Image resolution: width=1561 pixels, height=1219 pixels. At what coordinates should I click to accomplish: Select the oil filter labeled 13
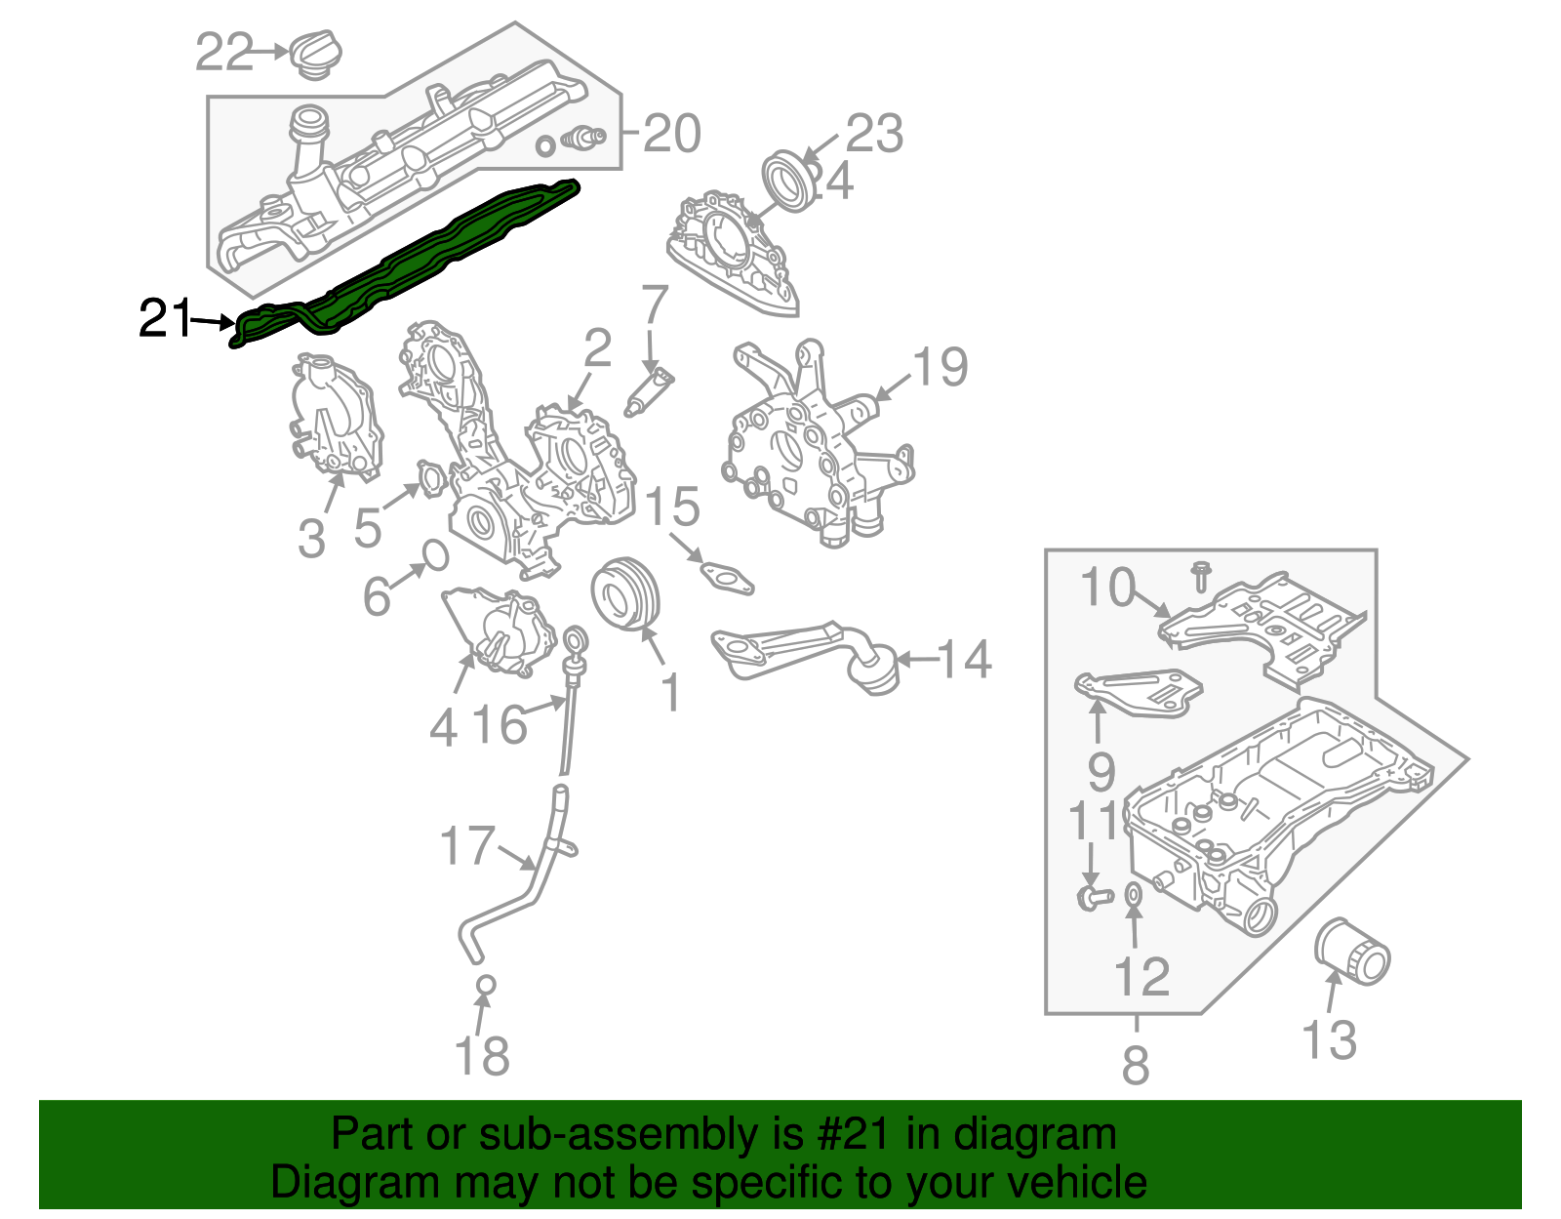click(1351, 950)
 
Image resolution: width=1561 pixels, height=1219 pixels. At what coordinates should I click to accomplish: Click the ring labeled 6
click(435, 556)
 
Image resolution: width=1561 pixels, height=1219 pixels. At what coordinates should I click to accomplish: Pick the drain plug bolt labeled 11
click(1094, 895)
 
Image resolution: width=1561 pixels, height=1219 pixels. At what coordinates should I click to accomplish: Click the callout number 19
click(940, 367)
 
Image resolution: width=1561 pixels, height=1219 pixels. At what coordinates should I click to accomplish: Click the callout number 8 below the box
click(1136, 1065)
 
